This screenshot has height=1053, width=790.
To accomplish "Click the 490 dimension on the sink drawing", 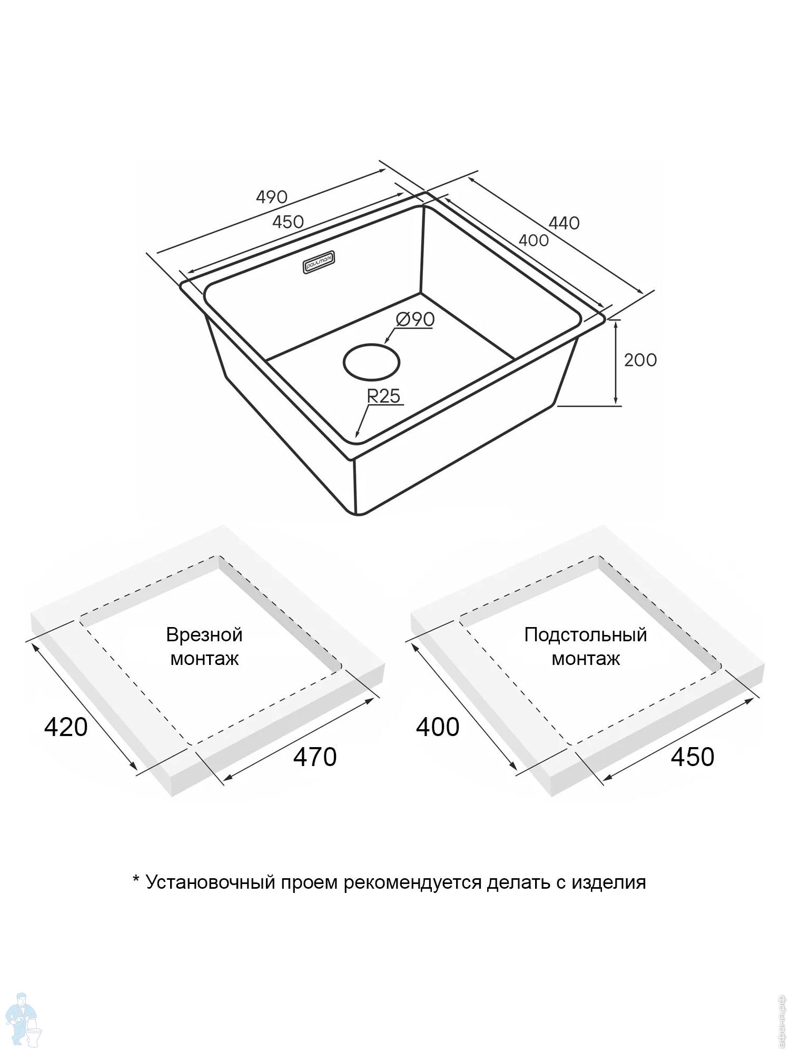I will pos(272,197).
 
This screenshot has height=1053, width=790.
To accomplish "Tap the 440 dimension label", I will pos(564,223).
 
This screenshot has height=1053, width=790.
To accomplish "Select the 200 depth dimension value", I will pos(640,360).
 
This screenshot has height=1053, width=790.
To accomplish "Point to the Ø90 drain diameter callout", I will pos(415,319).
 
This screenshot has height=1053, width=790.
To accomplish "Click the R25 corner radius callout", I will pos(383,395).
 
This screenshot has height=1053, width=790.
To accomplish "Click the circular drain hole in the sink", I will pos(371,362).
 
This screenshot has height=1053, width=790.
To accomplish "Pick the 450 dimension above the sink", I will pos(288,222).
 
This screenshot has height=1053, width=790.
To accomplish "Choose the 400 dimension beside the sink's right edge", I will pos(534,241).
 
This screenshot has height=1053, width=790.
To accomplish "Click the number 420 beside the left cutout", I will pos(66,727).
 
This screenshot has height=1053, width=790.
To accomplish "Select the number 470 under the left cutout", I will pos(315,757).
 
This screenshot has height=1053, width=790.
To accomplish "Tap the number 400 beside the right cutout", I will pos(438,727).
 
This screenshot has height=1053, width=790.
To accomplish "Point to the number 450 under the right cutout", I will pos(693,757).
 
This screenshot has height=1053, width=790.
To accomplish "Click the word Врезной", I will pos(204,635).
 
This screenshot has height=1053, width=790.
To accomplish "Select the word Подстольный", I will pos(585,635).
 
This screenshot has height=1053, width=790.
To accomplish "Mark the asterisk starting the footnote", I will pos(136,880).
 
